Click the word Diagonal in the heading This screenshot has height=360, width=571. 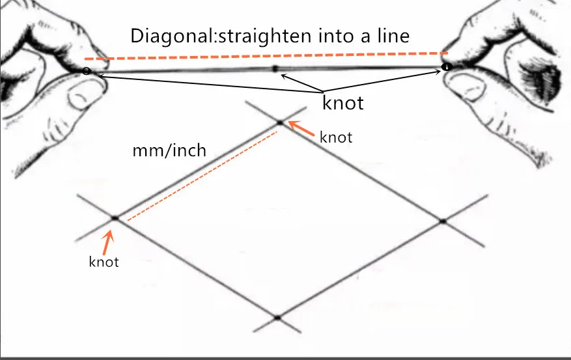click(162, 35)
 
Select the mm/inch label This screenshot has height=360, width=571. click(169, 151)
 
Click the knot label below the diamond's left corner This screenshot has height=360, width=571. click(104, 262)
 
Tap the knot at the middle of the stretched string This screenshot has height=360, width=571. click(275, 68)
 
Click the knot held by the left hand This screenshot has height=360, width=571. click(87, 70)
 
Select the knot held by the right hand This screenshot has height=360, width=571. click(446, 66)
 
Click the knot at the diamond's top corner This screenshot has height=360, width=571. click(280, 122)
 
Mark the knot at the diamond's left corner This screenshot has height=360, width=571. click(115, 219)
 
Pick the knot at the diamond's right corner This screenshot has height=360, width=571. click(442, 221)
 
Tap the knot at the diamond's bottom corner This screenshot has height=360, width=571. click(277, 318)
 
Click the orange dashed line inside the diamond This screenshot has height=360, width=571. click(202, 176)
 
